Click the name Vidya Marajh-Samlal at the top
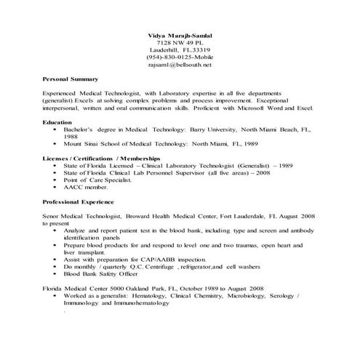pos(179,36)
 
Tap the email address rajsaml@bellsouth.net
pos(179,65)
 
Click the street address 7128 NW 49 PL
pos(179,43)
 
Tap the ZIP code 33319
pos(197,50)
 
